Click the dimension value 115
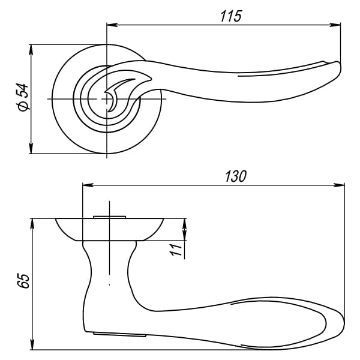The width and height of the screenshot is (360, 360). (x=231, y=16)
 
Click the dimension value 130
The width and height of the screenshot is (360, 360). (x=236, y=176)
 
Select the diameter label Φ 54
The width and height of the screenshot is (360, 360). (x=23, y=97)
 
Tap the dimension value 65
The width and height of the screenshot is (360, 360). (x=23, y=281)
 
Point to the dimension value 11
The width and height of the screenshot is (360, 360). (x=176, y=250)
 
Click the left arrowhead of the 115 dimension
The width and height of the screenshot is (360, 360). (x=112, y=25)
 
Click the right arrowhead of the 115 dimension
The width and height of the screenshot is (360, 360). (x=335, y=25)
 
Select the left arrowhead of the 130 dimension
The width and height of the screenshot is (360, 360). (x=88, y=185)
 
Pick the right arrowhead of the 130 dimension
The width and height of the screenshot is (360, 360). (x=339, y=185)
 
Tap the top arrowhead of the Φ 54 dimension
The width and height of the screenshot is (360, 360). (x=31, y=50)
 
